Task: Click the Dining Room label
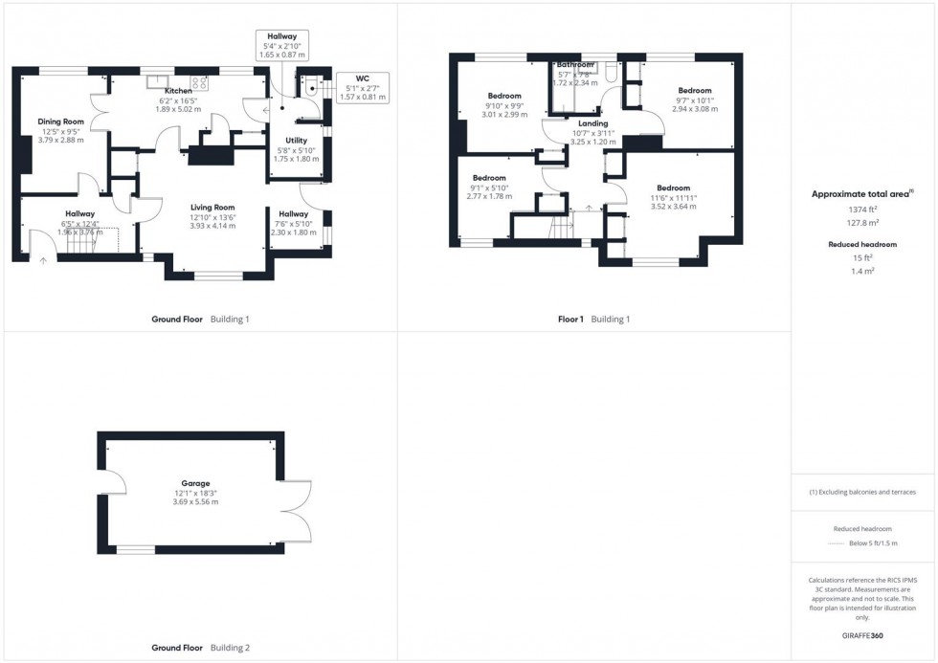[61, 122]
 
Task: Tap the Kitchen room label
[178, 91]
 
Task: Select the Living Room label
[212, 207]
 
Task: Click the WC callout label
[362, 78]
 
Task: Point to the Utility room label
[296, 141]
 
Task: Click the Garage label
[195, 483]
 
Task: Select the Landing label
[592, 123]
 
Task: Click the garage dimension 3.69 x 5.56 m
[195, 502]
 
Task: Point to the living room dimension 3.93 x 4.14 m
[212, 226]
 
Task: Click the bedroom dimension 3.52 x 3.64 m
[673, 206]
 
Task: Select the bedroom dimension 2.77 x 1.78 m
[489, 196]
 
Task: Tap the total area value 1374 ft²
[862, 209]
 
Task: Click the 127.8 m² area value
[862, 220]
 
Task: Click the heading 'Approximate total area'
[861, 193]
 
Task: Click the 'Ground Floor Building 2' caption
[200, 648]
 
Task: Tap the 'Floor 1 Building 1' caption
[593, 319]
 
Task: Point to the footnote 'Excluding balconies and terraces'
[864, 492]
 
